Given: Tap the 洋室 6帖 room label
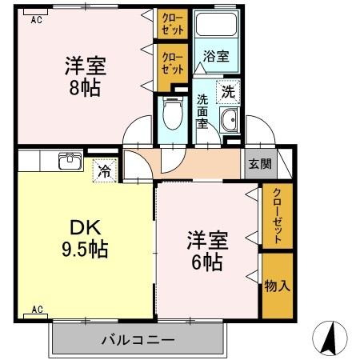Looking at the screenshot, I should pyautogui.click(x=206, y=250).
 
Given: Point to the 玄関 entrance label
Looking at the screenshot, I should pyautogui.click(x=259, y=164).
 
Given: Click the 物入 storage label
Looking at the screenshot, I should pyautogui.click(x=277, y=286).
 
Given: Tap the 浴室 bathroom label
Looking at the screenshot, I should pyautogui.click(x=215, y=57).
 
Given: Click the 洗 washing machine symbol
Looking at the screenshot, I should pyautogui.click(x=229, y=92).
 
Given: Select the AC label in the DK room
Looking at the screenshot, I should pyautogui.click(x=36, y=309).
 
